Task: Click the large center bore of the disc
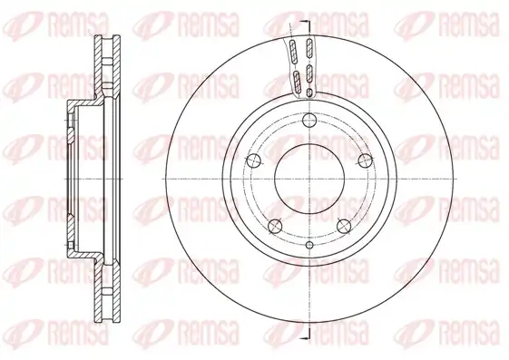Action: [x=309, y=179]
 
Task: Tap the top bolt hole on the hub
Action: [x=309, y=121]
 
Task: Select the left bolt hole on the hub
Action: [x=254, y=161]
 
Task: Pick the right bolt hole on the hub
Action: [x=366, y=161]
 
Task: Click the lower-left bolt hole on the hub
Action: [x=275, y=226]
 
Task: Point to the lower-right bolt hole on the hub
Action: [x=344, y=226]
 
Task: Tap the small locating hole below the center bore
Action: [x=309, y=245]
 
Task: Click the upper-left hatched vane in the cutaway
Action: [x=294, y=52]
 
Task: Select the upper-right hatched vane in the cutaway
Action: [x=309, y=50]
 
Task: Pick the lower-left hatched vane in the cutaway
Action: [x=298, y=82]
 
